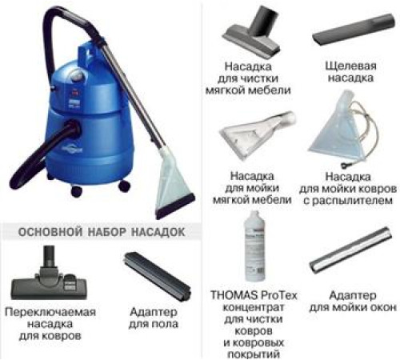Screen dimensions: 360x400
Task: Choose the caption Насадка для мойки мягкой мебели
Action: point(249,184)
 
